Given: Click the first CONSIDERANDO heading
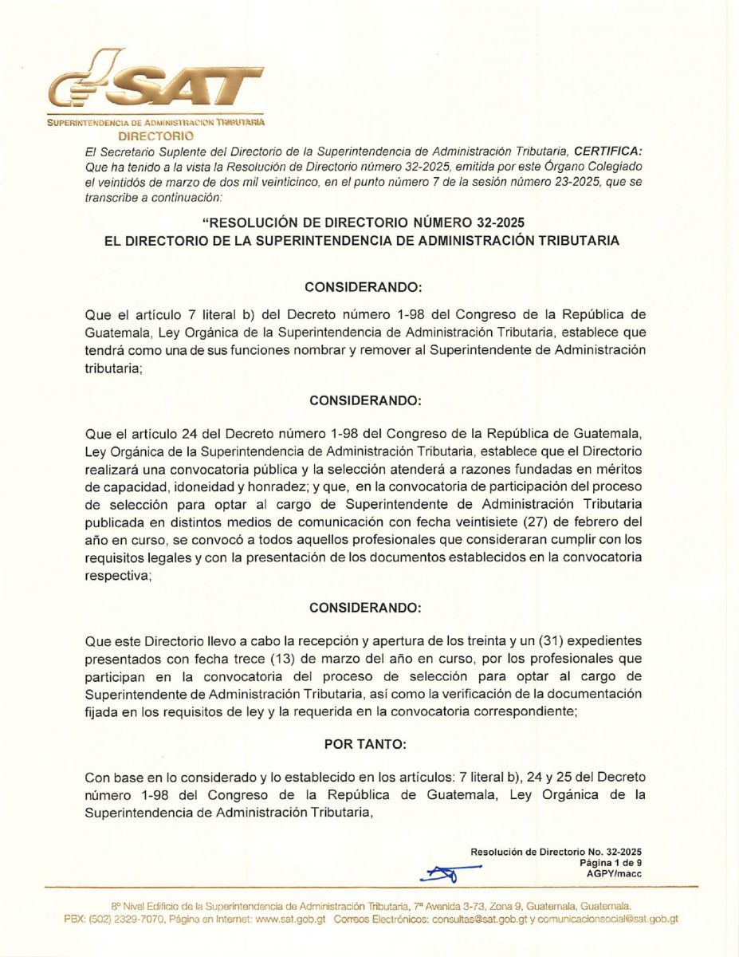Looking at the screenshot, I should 363,285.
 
